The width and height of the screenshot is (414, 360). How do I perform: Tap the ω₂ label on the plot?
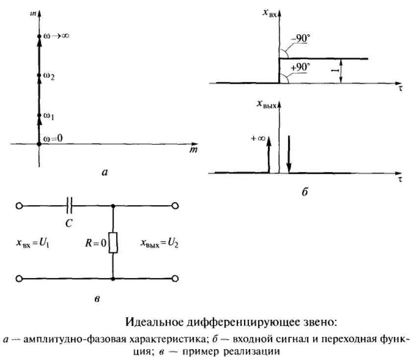48,75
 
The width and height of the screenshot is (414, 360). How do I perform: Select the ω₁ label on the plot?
48,116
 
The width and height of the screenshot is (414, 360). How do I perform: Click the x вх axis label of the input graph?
270,14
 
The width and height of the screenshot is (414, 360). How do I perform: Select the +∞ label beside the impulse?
258,139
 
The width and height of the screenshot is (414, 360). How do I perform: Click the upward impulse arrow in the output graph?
269,154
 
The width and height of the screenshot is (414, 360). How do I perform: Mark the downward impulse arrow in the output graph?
289,154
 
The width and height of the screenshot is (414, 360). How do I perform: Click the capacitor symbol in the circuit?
69,206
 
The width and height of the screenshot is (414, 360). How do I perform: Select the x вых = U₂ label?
160,243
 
